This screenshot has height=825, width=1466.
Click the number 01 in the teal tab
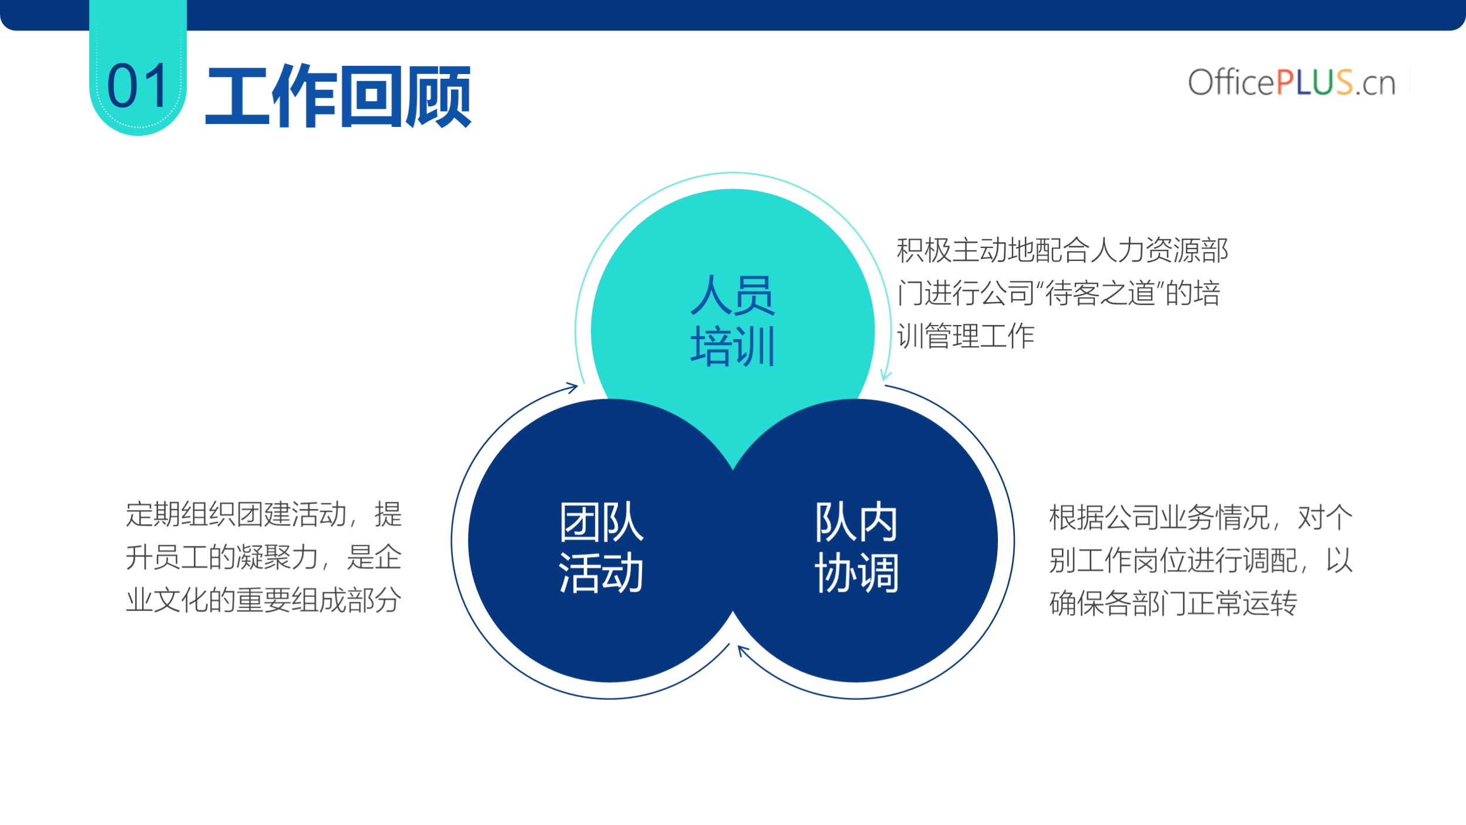click(137, 86)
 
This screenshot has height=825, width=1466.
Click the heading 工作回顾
click(338, 96)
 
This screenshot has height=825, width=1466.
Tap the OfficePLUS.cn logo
click(1292, 82)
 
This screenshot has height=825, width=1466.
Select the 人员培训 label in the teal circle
click(732, 320)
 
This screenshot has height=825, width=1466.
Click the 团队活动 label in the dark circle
click(601, 547)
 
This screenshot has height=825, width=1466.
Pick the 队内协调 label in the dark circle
click(856, 547)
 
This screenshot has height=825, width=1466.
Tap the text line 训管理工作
click(966, 336)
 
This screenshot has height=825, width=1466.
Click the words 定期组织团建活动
click(236, 514)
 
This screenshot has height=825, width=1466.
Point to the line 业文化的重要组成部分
click(264, 600)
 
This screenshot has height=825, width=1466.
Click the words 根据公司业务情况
click(1159, 518)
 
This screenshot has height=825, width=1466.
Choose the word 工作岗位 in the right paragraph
click(1131, 561)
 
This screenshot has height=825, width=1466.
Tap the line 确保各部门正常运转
click(1173, 603)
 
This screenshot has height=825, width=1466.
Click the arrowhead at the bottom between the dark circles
click(744, 650)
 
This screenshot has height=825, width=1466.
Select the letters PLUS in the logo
click(1314, 82)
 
